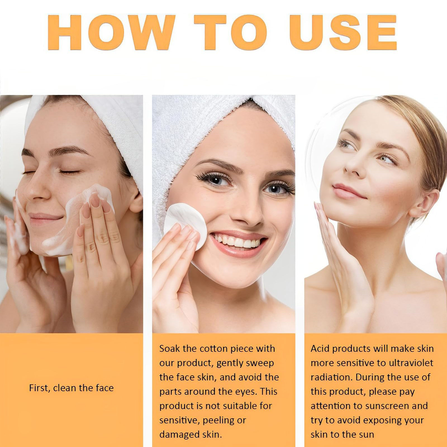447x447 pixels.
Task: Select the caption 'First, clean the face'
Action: coord(71,388)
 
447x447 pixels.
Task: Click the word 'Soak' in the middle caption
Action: coord(170,349)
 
